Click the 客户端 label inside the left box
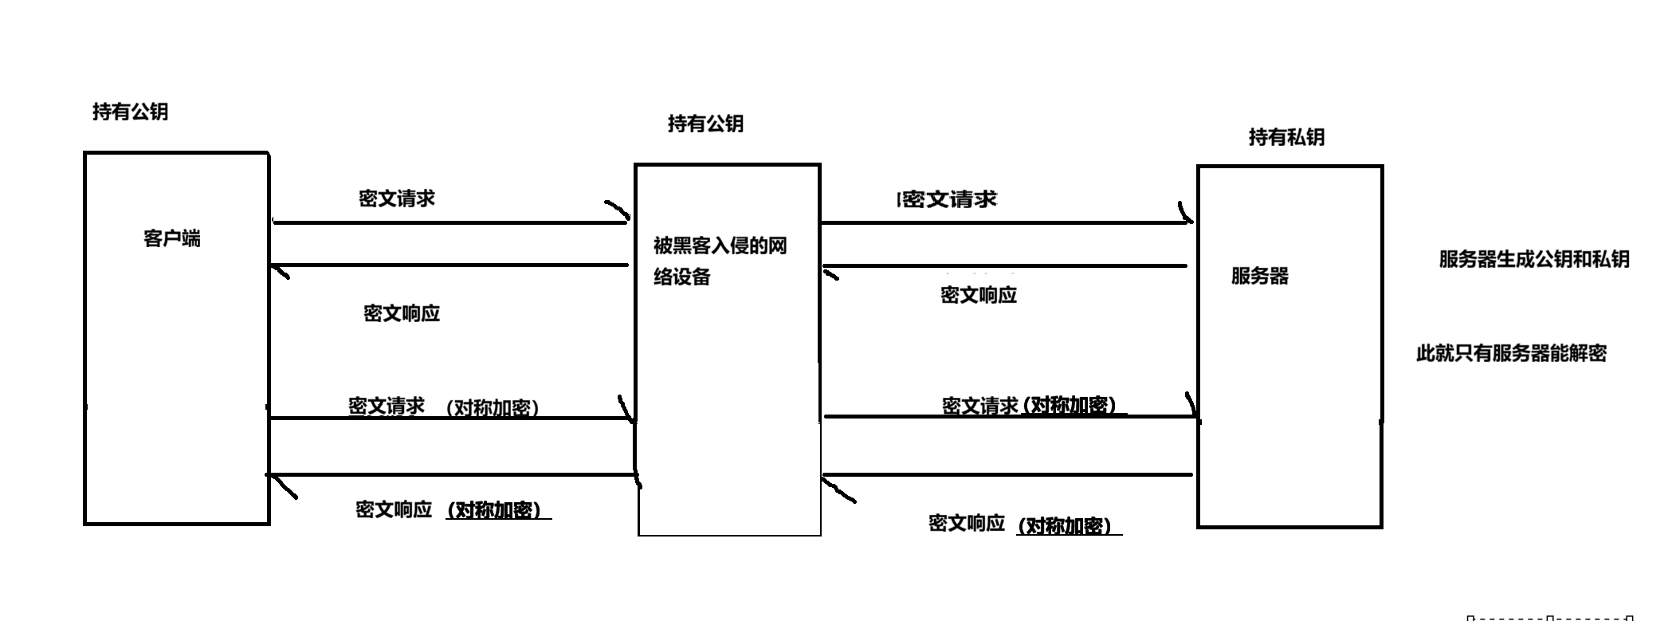(172, 238)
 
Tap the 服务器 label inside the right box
(1259, 276)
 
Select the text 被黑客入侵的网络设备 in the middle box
(720, 261)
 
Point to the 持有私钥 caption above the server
(1286, 137)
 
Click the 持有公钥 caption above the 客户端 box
(130, 112)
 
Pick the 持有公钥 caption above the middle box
(705, 124)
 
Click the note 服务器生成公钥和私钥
(1533, 259)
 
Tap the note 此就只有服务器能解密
(1511, 353)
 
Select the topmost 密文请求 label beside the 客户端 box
(396, 198)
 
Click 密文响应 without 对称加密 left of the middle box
(402, 313)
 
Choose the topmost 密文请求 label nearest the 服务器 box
(949, 199)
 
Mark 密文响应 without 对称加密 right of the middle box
(979, 295)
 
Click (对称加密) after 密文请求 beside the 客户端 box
(493, 408)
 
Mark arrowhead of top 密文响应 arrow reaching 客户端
(278, 270)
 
